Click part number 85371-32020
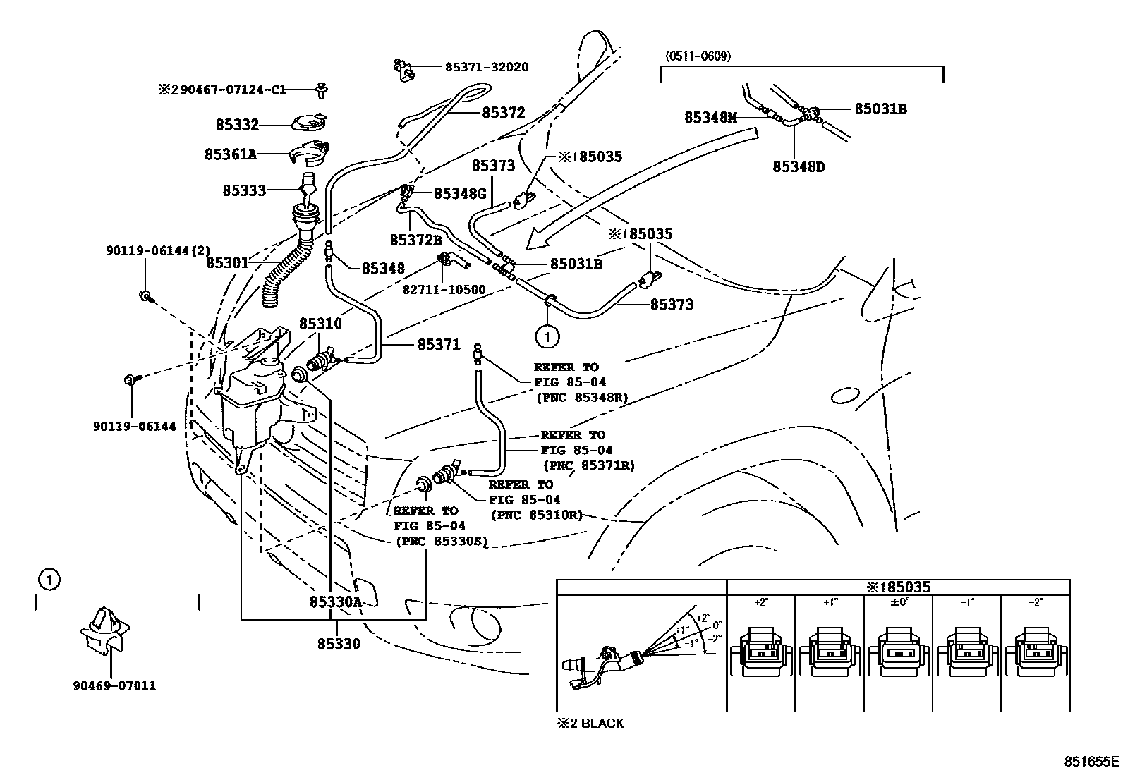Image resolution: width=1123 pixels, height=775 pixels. (487, 67)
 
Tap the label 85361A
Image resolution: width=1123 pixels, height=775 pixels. (230, 154)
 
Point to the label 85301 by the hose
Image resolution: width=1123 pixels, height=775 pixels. (227, 262)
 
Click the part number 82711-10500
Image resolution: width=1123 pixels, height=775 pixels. (444, 289)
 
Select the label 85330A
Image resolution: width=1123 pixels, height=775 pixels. (335, 602)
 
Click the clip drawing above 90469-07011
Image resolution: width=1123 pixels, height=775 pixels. (103, 629)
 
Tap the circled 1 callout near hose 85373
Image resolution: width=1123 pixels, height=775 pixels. (547, 337)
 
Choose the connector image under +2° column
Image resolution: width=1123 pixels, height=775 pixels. (760, 652)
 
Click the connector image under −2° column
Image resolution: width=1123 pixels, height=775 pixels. (1036, 652)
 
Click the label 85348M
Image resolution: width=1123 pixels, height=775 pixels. (710, 118)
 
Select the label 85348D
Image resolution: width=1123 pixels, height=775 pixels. (799, 166)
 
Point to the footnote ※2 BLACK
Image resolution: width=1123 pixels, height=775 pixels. (590, 723)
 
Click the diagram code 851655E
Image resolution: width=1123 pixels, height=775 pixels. (1091, 761)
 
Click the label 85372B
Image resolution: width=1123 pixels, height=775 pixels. (415, 240)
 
